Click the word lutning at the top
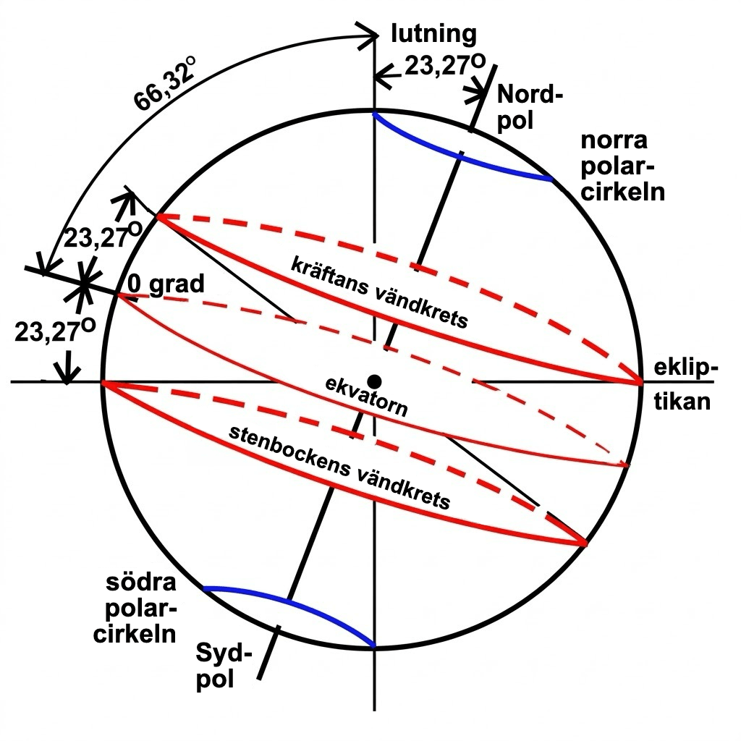434,34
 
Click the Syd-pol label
224,666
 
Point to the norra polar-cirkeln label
622,166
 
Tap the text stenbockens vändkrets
339,468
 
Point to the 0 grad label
166,284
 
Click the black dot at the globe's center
375,381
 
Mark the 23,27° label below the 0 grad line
55,330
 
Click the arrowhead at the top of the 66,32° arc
368,35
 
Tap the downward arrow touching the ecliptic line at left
67,368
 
